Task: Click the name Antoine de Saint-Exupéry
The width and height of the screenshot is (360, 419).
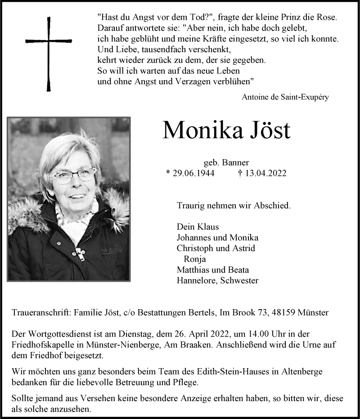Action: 285,97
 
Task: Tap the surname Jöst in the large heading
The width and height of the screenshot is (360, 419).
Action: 265,130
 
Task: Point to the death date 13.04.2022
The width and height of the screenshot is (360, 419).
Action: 266,173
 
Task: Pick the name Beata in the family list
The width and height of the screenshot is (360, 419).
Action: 238,270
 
